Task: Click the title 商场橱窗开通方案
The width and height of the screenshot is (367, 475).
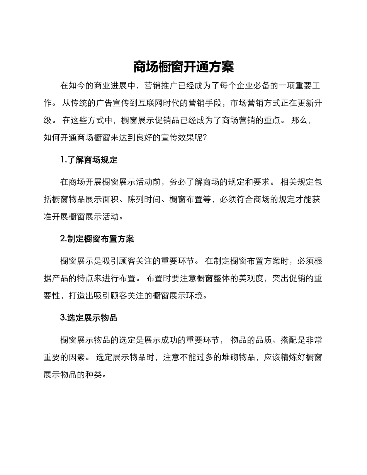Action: click(183, 67)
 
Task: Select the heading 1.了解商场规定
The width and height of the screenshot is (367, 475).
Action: click(89, 160)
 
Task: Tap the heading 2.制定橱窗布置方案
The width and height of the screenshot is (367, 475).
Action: click(97, 239)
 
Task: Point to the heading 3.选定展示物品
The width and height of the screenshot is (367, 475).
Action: click(89, 318)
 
